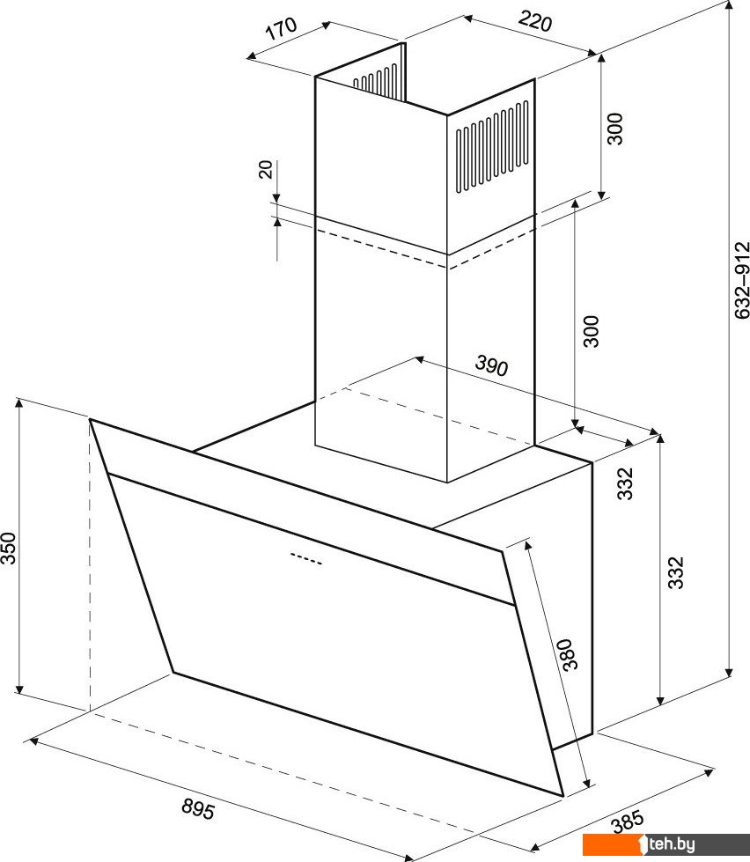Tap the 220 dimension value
(534, 22)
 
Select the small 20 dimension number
(265, 169)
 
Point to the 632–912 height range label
(742, 280)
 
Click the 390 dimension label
(491, 365)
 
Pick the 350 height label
(8, 548)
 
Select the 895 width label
(198, 809)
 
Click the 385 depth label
(628, 821)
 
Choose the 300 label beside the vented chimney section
(615, 129)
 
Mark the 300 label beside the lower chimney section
(592, 331)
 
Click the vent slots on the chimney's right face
(492, 146)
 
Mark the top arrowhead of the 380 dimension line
(528, 545)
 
